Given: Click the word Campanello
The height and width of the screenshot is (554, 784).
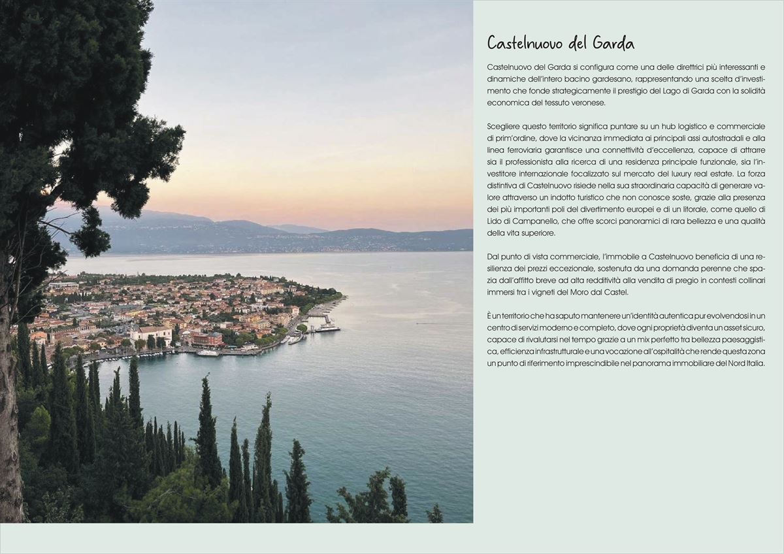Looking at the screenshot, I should [523, 221].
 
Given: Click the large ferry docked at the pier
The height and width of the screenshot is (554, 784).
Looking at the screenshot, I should [327, 327].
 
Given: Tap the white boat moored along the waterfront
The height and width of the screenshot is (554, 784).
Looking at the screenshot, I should [208, 353].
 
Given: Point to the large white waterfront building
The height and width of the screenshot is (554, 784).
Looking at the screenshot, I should [150, 334].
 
